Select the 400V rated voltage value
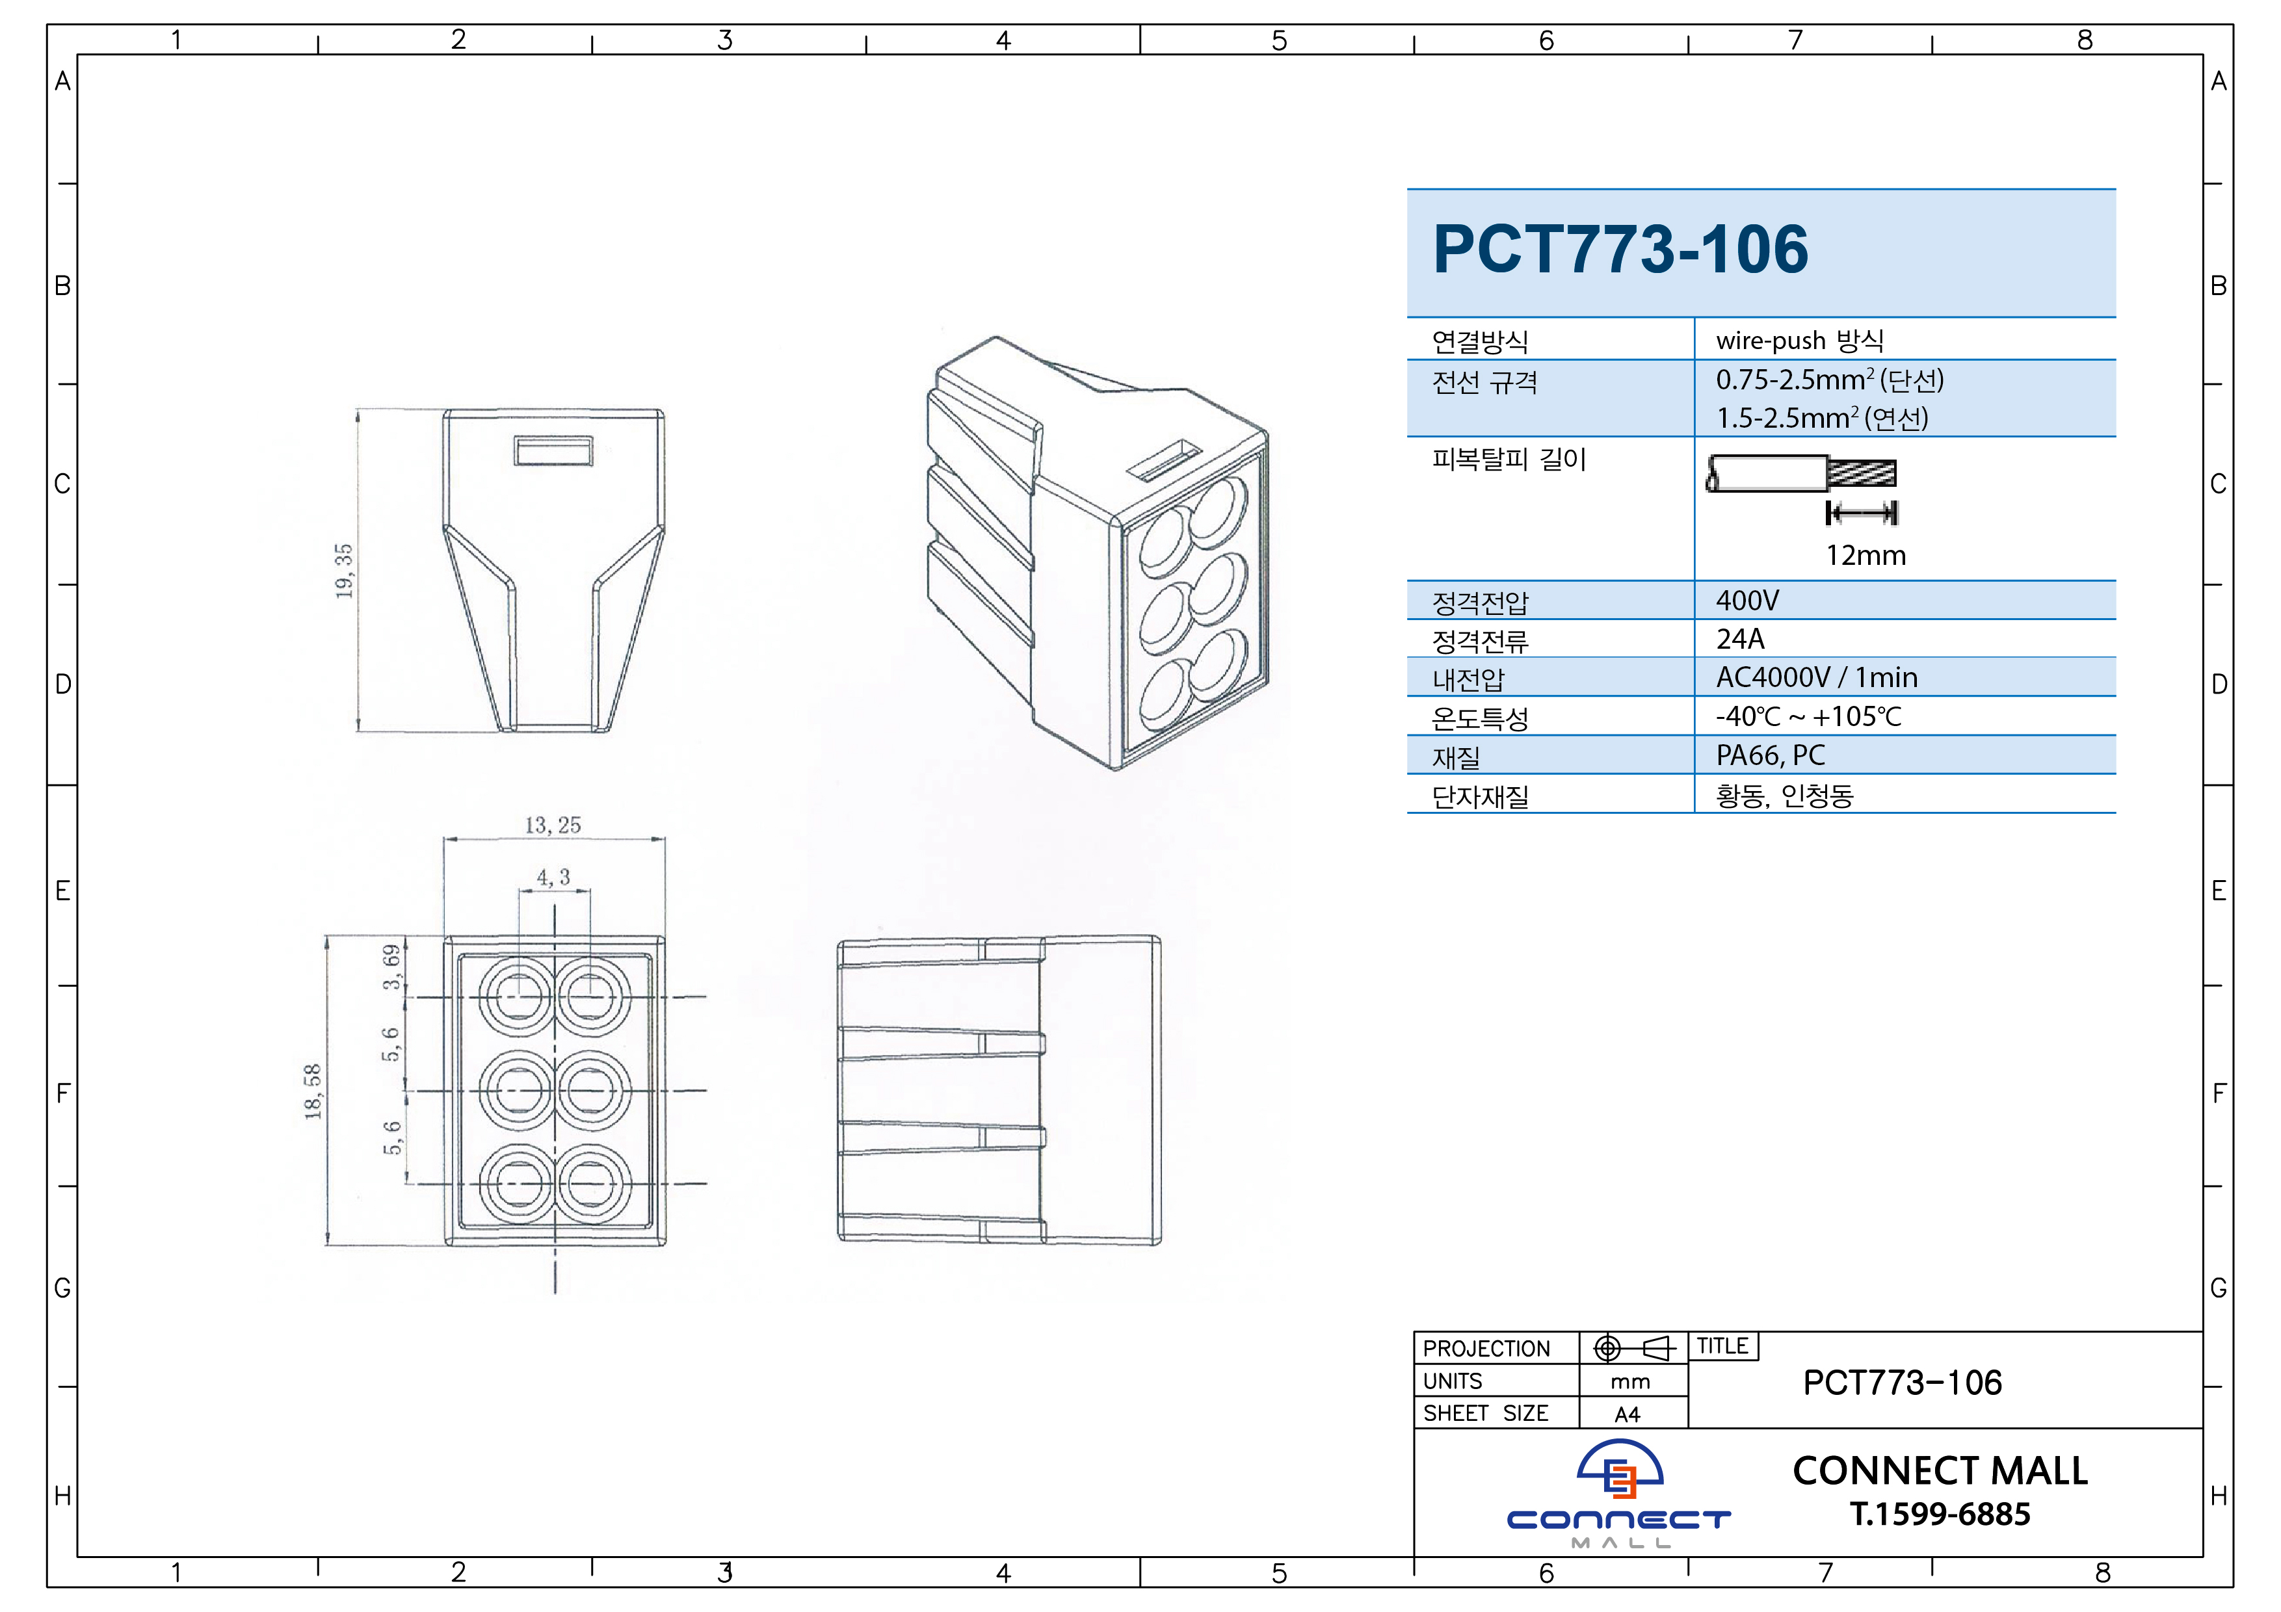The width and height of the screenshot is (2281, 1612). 1748,601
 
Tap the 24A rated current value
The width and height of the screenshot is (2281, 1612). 1741,639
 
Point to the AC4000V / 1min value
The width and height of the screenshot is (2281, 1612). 1817,677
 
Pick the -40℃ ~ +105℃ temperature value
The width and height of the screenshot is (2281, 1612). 1808,716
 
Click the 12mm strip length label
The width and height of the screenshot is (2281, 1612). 1866,555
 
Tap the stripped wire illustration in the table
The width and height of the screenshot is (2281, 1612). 1801,474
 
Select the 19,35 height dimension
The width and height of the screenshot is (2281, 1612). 344,571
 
